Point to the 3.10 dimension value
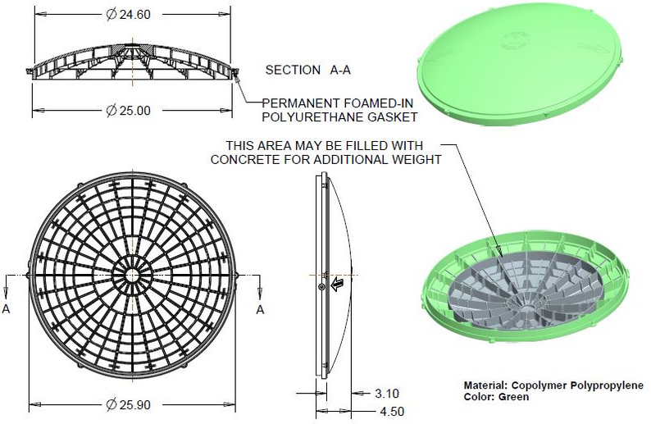click(x=387, y=394)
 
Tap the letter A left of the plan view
click(x=7, y=309)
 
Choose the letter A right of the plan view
click(x=261, y=309)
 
